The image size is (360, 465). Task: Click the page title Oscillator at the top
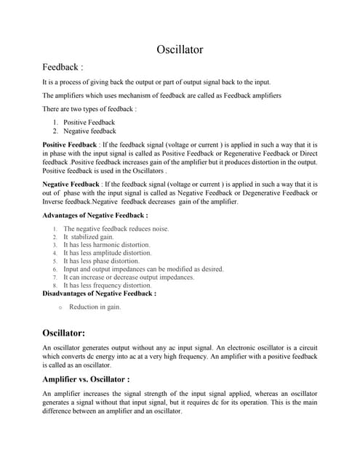180,50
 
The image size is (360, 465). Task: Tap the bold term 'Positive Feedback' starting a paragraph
70,145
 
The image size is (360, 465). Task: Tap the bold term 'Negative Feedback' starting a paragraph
71,185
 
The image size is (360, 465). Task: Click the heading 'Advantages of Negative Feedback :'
95,216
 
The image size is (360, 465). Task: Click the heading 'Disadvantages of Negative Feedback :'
100,294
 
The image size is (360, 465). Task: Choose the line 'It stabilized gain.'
88,237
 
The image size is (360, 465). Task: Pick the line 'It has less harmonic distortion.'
107,245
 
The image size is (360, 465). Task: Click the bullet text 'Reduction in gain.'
95,307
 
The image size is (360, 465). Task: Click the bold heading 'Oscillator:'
74,333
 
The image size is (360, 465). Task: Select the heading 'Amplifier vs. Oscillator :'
87,379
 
